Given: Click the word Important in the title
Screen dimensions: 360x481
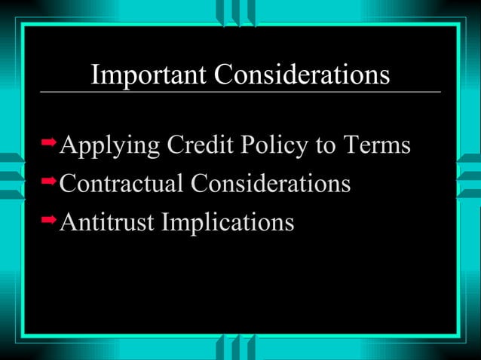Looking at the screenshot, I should [149, 75].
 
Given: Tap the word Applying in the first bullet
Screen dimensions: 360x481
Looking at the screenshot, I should [109, 146].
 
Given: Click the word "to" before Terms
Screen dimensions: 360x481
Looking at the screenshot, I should [326, 146].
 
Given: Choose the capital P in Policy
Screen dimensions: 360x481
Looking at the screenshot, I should [248, 145].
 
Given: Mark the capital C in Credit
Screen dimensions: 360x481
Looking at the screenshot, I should [174, 145].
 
